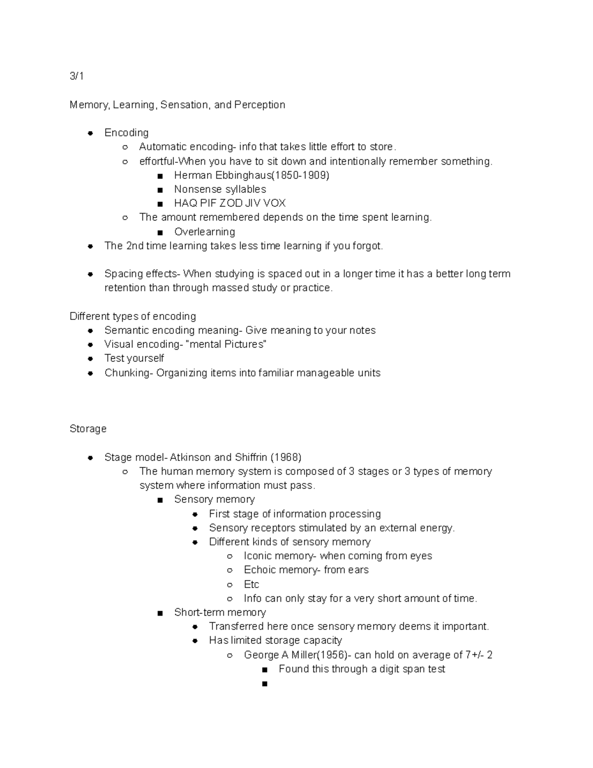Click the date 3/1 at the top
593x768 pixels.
(x=77, y=76)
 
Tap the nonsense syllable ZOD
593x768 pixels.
(x=232, y=203)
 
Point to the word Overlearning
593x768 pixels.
(x=204, y=232)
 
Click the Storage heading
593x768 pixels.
(x=88, y=429)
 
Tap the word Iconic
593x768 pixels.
(x=258, y=556)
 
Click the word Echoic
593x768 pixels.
(x=260, y=570)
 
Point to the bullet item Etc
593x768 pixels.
(x=252, y=585)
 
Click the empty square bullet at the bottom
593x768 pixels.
(x=265, y=684)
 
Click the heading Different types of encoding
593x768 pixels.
(x=132, y=316)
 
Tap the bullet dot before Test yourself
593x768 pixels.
(x=90, y=359)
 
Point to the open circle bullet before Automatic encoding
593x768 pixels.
(x=126, y=147)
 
